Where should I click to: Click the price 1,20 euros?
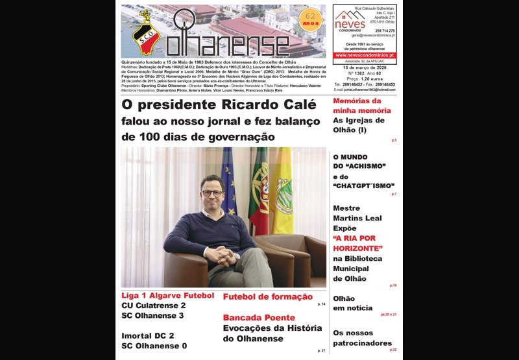pyautogui.click(x=368, y=78)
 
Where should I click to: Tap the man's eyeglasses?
pyautogui.click(x=212, y=193)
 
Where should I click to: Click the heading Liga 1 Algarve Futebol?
pyautogui.click(x=167, y=296)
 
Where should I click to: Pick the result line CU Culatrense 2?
pyautogui.click(x=153, y=306)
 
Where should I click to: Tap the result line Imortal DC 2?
pyautogui.click(x=147, y=335)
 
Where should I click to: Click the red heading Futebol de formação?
pyautogui.click(x=267, y=296)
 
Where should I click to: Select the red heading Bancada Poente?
pyautogui.click(x=259, y=318)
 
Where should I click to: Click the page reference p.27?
pyautogui.click(x=321, y=351)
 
